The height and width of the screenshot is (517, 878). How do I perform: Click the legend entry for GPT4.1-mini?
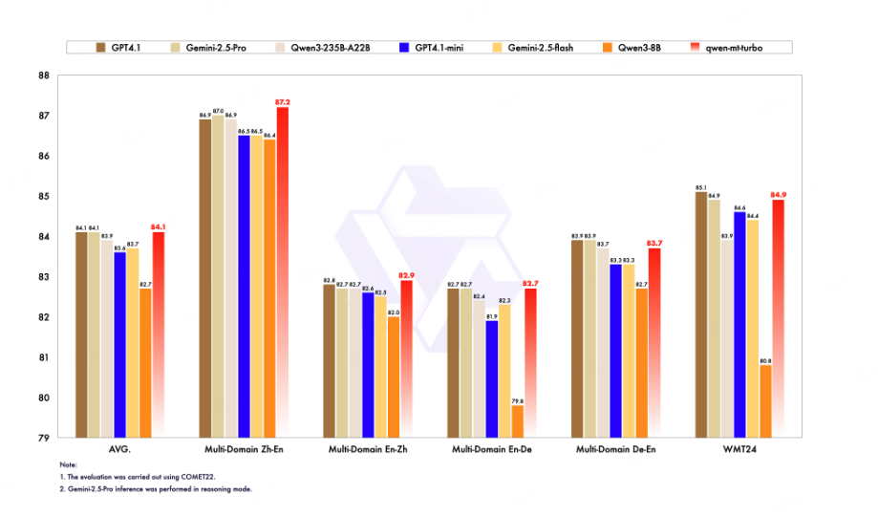(x=439, y=47)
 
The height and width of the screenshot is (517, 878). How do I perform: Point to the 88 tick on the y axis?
(x=45, y=75)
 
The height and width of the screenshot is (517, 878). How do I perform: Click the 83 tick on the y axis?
(x=45, y=277)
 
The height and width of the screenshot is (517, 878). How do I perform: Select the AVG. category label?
(x=119, y=448)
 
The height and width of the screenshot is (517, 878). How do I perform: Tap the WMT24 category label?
(x=739, y=448)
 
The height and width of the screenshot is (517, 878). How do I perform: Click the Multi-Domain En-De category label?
(x=492, y=448)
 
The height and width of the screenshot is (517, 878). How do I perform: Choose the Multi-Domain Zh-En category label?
(x=244, y=448)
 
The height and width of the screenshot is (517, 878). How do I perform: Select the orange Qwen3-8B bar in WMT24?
(x=765, y=401)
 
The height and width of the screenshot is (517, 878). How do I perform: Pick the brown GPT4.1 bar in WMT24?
(x=701, y=315)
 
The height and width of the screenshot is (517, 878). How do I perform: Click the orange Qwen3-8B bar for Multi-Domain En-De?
(x=517, y=421)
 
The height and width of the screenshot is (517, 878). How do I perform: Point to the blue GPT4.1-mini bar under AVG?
(x=119, y=345)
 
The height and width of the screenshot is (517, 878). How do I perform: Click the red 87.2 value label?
(x=283, y=101)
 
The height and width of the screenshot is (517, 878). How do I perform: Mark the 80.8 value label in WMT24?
(x=765, y=359)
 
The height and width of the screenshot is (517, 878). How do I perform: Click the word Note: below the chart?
(x=68, y=464)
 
